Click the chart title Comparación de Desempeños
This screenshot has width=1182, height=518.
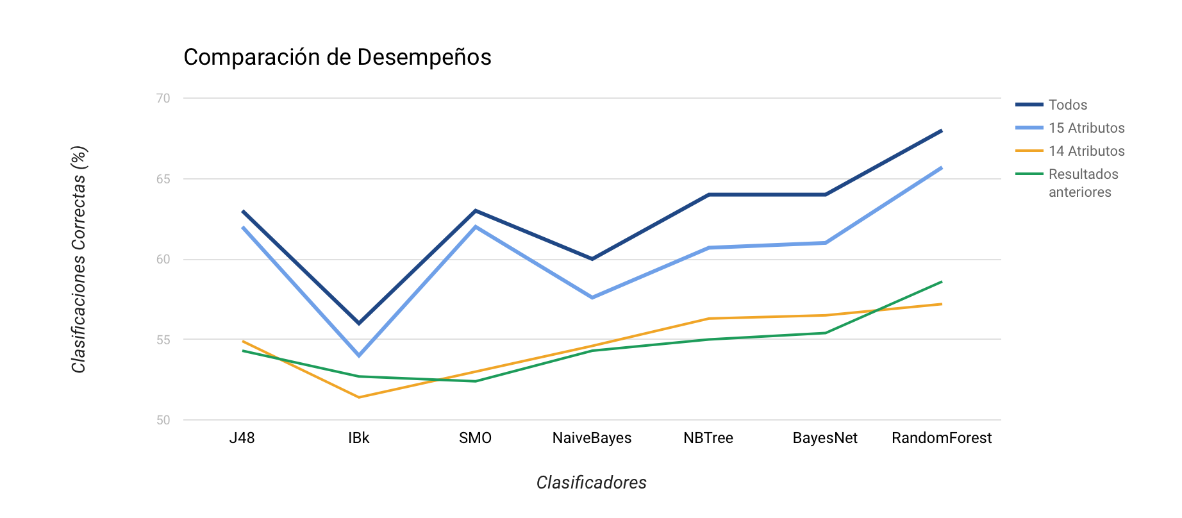[337, 57]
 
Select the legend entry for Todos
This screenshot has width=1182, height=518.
[1067, 104]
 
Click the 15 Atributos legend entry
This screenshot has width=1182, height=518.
[1086, 128]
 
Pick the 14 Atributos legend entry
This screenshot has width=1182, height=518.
[1086, 151]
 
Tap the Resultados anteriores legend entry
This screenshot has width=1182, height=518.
[1083, 183]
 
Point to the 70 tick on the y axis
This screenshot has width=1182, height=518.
[163, 98]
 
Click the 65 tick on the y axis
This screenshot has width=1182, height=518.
[163, 179]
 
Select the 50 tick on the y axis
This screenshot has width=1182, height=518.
[163, 420]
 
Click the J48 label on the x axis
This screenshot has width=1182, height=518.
[242, 438]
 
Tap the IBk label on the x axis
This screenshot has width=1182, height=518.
[359, 438]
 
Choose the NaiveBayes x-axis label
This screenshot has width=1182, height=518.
[592, 438]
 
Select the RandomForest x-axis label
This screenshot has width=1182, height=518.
[942, 438]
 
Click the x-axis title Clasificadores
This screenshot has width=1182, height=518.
[591, 482]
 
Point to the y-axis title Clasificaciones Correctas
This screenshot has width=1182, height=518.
[79, 260]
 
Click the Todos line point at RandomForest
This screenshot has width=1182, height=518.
[942, 130]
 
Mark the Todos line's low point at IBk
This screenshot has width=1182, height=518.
[359, 323]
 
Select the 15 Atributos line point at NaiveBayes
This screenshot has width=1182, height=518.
[592, 297]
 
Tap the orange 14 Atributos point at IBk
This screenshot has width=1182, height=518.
[359, 397]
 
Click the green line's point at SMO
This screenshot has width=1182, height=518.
[476, 381]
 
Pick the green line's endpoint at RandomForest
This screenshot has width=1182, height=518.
[942, 281]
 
